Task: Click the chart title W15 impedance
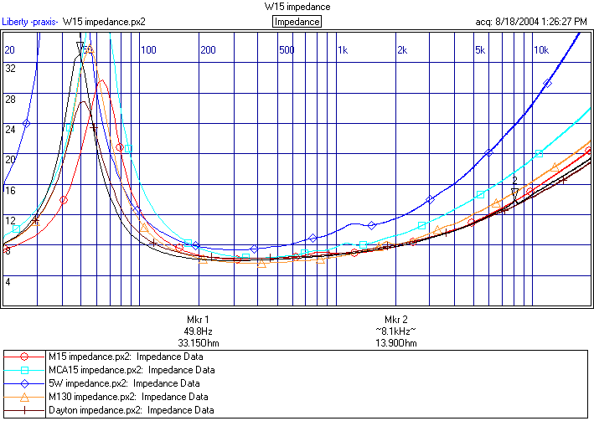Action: [x=297, y=7]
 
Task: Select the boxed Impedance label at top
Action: [x=297, y=22]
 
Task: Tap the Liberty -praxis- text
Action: [x=30, y=22]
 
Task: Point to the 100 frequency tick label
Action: [x=148, y=50]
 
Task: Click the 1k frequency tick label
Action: [x=343, y=50]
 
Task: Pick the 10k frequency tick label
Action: [x=541, y=50]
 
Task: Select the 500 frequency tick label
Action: [x=287, y=50]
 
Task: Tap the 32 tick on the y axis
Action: [x=11, y=69]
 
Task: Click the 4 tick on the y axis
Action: [x=8, y=281]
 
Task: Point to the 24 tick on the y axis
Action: [x=11, y=129]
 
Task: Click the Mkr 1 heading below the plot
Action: [x=197, y=320]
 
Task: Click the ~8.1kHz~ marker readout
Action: [x=395, y=331]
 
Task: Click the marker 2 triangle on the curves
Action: [x=515, y=193]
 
